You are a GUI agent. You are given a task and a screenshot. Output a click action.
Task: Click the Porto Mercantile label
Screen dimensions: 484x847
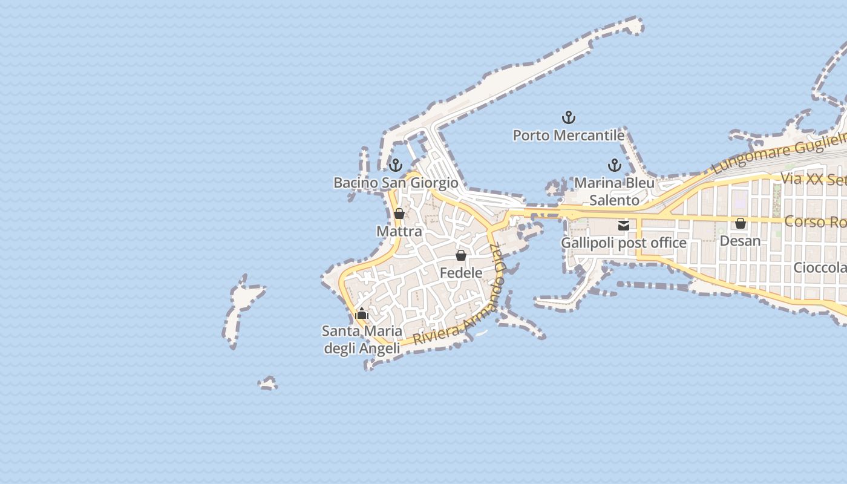pos(568,136)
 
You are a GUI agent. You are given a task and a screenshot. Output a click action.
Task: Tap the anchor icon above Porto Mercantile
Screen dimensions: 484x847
pos(568,117)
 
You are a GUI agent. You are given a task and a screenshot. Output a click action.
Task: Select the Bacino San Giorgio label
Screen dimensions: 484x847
pos(396,183)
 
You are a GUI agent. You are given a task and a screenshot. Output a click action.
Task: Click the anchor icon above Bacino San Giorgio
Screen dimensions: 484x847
pos(396,165)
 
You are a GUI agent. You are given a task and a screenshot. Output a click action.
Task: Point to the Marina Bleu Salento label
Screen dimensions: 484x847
pos(614,191)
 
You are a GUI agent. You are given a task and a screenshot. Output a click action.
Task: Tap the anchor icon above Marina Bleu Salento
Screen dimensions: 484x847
pos(615,165)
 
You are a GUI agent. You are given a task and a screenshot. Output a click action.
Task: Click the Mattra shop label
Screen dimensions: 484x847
pos(399,232)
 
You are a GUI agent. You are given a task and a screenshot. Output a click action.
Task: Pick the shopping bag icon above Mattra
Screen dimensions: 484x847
pos(399,214)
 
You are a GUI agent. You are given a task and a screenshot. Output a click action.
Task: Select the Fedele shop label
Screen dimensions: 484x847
pos(461,273)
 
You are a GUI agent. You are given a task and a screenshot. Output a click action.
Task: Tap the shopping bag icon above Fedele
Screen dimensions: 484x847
pos(461,255)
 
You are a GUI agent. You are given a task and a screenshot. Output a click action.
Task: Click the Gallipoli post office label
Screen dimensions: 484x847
pos(624,243)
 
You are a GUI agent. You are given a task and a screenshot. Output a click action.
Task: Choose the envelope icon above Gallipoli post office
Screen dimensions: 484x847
pos(624,226)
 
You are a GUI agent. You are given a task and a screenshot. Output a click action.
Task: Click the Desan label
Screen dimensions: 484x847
pos(740,241)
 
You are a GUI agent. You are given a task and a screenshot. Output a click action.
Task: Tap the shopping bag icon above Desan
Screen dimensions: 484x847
pos(740,223)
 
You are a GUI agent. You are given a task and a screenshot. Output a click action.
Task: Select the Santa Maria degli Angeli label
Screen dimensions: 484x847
pos(362,339)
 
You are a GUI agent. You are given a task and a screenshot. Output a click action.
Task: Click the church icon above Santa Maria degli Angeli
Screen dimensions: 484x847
pos(362,313)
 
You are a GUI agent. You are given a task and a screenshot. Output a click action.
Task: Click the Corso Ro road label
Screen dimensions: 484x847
pos(814,222)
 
